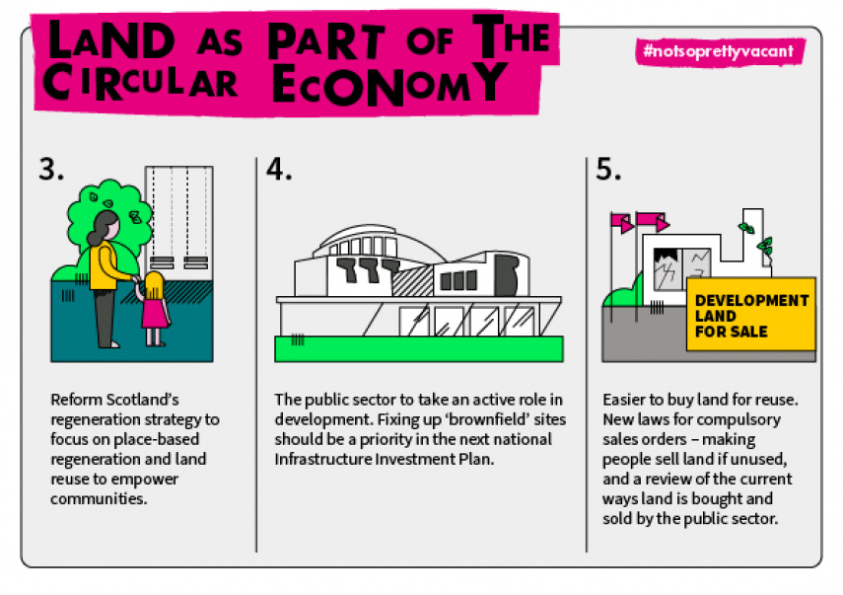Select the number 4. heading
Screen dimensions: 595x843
280,169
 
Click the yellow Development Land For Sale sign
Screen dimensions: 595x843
750,315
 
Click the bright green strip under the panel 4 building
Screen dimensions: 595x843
419,348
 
